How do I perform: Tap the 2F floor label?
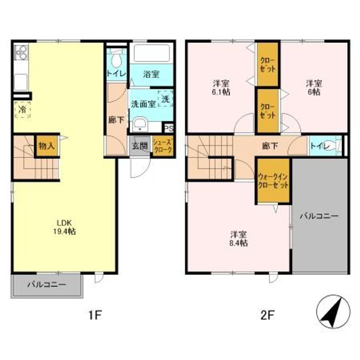[267, 315]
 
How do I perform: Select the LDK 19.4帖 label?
[64, 227]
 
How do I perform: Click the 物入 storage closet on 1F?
[47, 146]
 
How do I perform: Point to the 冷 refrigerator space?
[22, 109]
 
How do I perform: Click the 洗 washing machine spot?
[165, 99]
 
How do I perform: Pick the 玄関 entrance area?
[140, 146]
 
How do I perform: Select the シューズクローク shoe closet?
[163, 146]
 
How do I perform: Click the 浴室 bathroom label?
[151, 74]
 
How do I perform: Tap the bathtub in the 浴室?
[151, 53]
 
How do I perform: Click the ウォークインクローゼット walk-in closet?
[273, 181]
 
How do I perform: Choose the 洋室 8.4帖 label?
[238, 239]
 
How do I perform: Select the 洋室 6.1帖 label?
[220, 87]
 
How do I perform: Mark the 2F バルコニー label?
[319, 216]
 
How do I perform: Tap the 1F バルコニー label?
[46, 285]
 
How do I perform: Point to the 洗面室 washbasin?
[139, 125]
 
